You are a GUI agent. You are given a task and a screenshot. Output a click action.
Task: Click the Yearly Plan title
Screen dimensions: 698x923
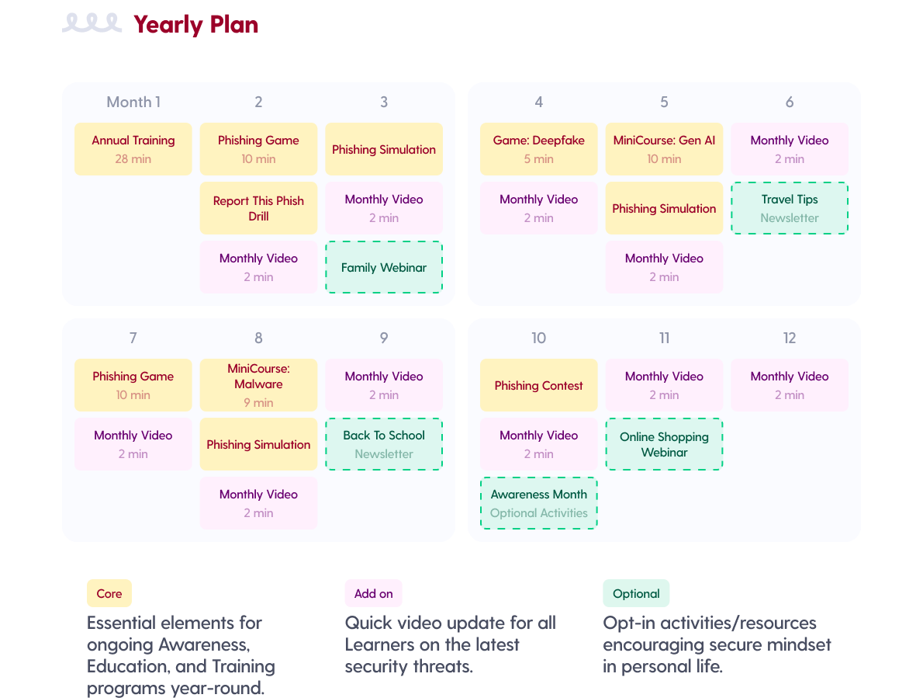(195, 25)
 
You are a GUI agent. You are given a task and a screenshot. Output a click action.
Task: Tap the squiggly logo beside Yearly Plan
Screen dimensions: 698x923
(92, 23)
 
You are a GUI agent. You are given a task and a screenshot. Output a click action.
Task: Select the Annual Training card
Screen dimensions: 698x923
(133, 149)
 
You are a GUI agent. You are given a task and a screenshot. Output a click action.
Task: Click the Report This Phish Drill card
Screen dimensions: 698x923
(258, 208)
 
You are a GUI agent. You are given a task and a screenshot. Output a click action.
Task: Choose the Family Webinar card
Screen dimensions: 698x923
(384, 267)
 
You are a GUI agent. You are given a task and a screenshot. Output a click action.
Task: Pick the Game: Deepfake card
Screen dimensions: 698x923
(539, 149)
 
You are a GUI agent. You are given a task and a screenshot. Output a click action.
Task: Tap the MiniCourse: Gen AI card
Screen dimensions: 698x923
(664, 149)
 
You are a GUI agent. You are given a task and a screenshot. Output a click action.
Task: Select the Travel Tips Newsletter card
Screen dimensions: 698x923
(790, 208)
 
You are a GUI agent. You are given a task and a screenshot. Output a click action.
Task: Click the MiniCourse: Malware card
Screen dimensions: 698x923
(258, 385)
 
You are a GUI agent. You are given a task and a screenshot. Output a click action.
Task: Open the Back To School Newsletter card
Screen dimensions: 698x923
(384, 444)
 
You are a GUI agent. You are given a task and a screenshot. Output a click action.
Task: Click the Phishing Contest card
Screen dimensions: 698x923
(539, 385)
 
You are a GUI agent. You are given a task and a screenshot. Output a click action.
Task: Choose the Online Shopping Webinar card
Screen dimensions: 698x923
(664, 444)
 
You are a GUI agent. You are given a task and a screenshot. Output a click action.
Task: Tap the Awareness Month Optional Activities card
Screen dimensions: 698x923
(539, 503)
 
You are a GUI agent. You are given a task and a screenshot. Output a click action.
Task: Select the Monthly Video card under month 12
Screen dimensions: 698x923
(790, 385)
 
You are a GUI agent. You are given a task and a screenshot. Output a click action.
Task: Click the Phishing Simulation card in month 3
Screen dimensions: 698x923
(384, 149)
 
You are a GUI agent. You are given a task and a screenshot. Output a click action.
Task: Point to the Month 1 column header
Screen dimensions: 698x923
(133, 102)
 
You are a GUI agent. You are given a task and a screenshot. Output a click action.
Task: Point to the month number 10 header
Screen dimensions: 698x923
(539, 338)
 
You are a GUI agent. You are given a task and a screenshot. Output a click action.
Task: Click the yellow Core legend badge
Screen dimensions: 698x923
(109, 593)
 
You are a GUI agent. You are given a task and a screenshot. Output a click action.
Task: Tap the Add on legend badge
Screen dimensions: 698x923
(373, 593)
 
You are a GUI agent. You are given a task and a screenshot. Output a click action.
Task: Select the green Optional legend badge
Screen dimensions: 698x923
(636, 593)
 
